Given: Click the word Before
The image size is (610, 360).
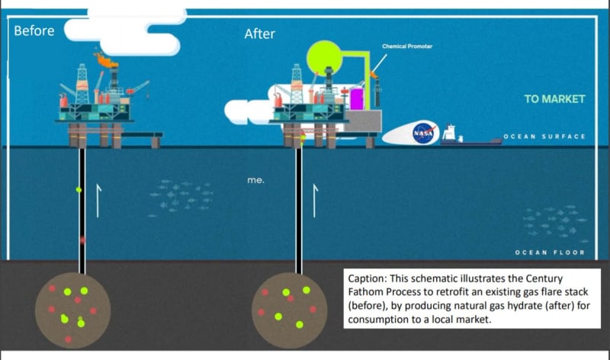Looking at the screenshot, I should [x=34, y=31].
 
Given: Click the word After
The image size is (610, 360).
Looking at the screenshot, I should [x=259, y=34].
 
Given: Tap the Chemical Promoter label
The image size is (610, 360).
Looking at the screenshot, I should [x=406, y=47].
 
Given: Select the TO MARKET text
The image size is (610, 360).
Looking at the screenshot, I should [x=554, y=99].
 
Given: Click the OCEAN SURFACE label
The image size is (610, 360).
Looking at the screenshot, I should [x=544, y=137].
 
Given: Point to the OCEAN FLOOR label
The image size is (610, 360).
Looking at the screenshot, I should [x=550, y=252].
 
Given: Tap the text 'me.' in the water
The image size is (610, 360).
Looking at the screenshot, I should [x=255, y=181].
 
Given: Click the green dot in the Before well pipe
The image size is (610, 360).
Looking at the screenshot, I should [x=79, y=189].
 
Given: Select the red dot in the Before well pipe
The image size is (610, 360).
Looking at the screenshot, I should [x=82, y=239].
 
